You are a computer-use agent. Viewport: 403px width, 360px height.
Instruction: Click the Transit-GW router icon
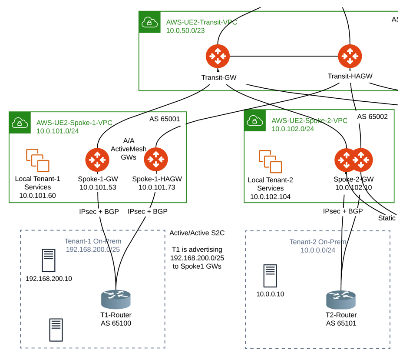[x=218, y=57]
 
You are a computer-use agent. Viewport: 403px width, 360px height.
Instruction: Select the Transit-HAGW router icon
[x=350, y=56]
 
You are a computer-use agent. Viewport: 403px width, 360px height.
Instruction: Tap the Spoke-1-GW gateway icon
[x=98, y=160]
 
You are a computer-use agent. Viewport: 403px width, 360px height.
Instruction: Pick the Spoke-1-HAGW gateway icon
[x=156, y=160]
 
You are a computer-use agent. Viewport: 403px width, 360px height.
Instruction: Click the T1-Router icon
[x=116, y=300]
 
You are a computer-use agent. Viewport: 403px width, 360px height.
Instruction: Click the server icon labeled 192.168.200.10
[x=48, y=260]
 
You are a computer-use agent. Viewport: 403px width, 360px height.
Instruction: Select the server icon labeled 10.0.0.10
[x=270, y=276]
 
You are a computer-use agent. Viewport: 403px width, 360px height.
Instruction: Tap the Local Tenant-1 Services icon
[x=37, y=160]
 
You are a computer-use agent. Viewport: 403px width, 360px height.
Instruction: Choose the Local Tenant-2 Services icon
[x=270, y=162]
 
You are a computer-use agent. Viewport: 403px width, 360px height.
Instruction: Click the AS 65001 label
[x=164, y=119]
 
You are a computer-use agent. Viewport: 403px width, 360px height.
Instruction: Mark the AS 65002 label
[x=372, y=117]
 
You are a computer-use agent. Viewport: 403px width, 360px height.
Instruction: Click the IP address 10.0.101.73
[x=157, y=187]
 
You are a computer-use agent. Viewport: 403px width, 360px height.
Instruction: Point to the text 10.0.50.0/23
[x=185, y=31]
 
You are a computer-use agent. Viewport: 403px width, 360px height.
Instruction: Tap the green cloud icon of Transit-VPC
[x=150, y=22]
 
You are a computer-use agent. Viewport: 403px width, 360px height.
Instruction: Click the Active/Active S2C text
[x=197, y=233]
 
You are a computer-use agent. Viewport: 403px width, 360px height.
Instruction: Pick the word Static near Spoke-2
[x=386, y=218]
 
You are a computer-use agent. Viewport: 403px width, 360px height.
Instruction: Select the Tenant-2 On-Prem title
[x=318, y=242]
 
